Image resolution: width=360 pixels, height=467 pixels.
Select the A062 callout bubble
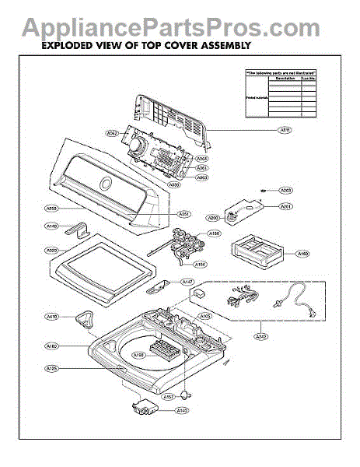pos(112,133)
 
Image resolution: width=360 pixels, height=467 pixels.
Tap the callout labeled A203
pos(286,190)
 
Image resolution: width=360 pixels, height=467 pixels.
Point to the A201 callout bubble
pos(286,206)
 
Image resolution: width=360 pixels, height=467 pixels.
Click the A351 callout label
pos(184,214)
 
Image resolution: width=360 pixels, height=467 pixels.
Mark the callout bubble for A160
pos(303,254)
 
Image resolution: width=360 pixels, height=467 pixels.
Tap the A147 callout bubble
pos(187,282)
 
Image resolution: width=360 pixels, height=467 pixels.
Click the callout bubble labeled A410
pos(52,317)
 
